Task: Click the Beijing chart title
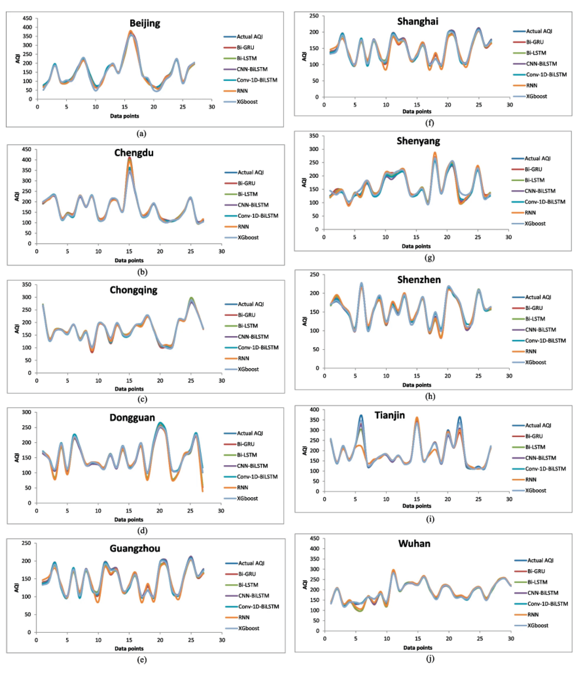(x=145, y=23)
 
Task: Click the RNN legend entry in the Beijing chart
(x=242, y=91)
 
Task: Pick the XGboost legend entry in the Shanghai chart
(x=536, y=96)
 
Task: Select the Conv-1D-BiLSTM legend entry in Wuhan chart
(x=547, y=603)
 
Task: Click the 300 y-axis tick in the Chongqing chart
(x=27, y=297)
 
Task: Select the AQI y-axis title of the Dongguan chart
(x=17, y=458)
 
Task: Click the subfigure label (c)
(x=142, y=399)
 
